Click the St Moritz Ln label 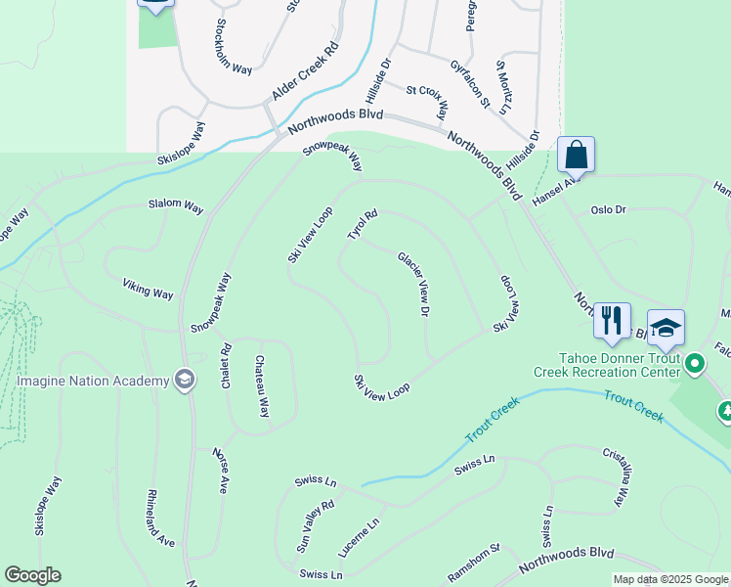tap(504, 88)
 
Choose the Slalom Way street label tap(176, 207)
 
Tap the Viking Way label tap(148, 290)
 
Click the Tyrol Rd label tap(362, 225)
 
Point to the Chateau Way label tap(262, 386)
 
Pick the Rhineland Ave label tap(161, 519)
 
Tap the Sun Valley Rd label tap(316, 527)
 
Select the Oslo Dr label tap(608, 210)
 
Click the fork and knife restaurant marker tap(612, 321)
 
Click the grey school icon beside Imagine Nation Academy tap(184, 380)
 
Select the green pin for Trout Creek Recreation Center tap(695, 365)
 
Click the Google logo tap(32, 575)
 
